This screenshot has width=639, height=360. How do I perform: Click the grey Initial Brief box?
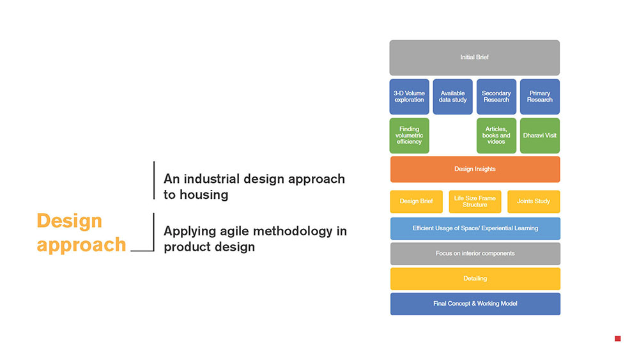(475, 58)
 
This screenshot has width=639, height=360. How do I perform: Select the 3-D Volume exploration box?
(410, 97)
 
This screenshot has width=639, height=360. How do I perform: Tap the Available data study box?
(453, 97)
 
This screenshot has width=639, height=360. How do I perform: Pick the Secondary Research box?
(497, 97)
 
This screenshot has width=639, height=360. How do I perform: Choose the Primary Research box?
(540, 97)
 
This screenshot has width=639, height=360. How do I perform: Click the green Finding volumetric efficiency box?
(410, 136)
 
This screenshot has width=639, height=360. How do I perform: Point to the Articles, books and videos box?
(497, 136)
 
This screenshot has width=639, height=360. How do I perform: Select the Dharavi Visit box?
(540, 136)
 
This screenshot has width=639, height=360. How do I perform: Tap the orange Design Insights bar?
(475, 169)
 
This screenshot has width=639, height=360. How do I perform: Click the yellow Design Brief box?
(416, 201)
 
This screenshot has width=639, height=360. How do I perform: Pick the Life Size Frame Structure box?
(475, 201)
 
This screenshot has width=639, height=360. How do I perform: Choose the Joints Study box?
(534, 201)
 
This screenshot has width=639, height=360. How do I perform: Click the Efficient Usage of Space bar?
(475, 228)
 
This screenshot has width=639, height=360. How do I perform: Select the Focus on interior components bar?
(475, 254)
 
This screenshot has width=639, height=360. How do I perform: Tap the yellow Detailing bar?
(475, 279)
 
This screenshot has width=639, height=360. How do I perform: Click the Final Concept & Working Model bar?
(475, 304)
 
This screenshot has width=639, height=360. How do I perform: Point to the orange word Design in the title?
(70, 221)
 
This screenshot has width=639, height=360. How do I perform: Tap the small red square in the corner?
(618, 338)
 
